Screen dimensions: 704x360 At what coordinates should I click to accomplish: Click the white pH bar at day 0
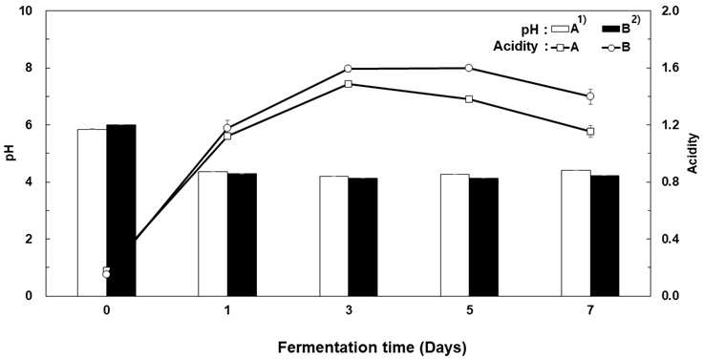92,212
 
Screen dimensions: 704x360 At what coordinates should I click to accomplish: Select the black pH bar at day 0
121,210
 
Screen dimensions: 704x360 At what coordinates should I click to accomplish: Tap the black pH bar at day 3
363,237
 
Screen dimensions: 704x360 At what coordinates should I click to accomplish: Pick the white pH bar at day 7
576,233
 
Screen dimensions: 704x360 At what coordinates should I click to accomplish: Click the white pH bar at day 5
455,235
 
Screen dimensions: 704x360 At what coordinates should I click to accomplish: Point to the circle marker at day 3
349,69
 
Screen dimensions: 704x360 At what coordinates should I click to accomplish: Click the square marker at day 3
349,84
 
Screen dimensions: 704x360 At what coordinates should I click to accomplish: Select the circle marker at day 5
469,68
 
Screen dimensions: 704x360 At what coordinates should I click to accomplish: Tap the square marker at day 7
590,131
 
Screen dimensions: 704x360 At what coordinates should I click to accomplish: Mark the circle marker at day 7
590,96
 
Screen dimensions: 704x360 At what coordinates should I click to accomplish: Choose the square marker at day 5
469,98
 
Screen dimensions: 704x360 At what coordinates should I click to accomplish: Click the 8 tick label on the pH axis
34,68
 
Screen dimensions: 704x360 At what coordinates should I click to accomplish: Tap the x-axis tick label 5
469,309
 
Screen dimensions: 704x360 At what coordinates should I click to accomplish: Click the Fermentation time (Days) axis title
373,348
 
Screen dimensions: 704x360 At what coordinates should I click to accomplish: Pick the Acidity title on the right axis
693,153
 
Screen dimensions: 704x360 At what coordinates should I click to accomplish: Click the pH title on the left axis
14,153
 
